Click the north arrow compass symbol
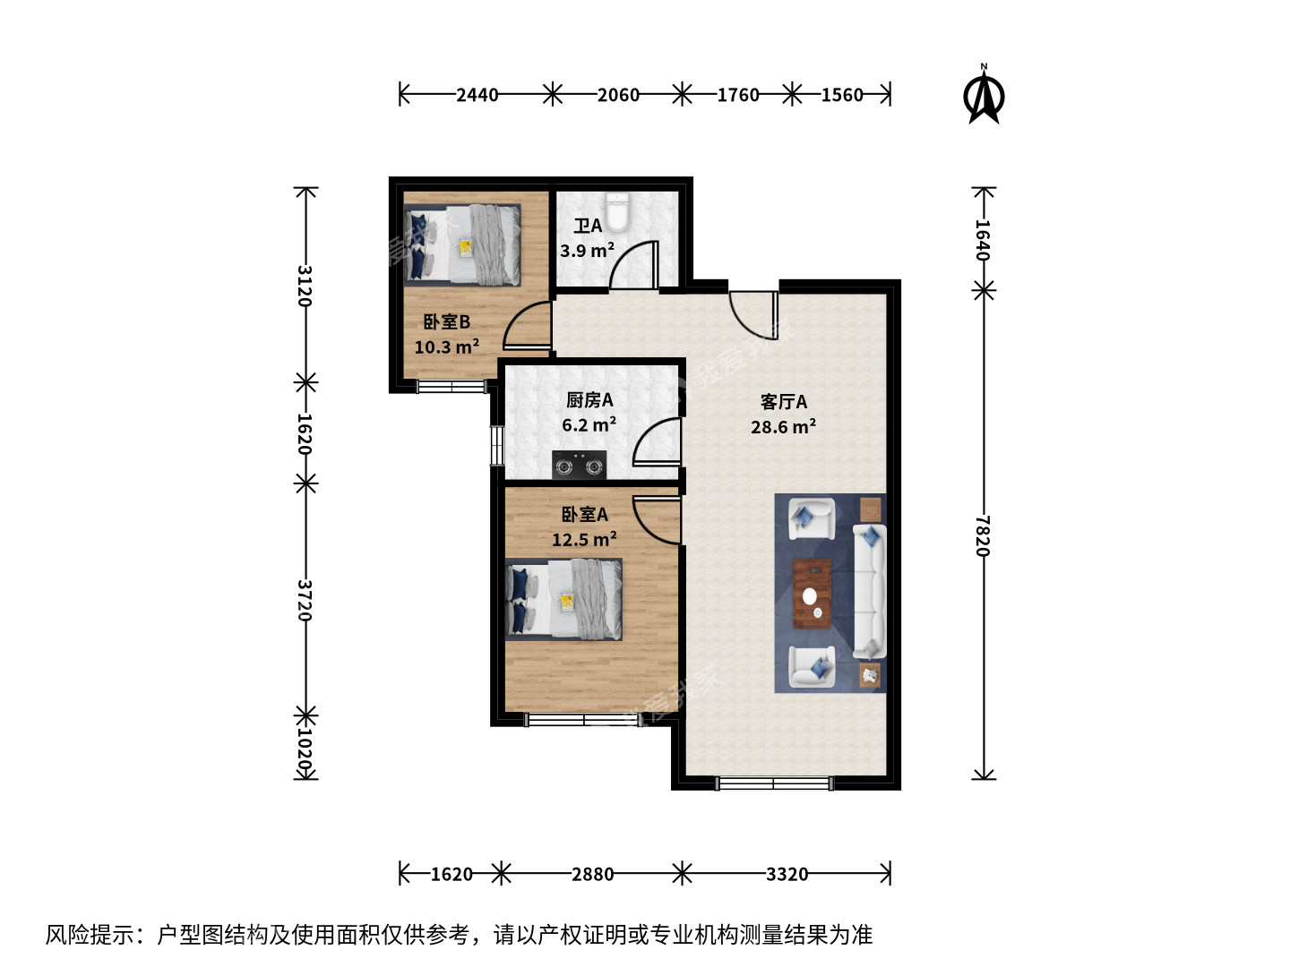point(984,95)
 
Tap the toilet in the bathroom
point(617,211)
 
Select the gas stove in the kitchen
point(579,465)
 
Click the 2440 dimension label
point(477,95)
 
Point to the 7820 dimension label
point(983,535)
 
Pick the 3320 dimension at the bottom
point(787,874)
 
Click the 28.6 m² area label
point(783,426)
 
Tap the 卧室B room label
point(447,321)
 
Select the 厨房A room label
point(589,400)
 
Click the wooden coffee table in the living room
point(813,594)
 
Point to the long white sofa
point(869,591)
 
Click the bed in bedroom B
point(462,244)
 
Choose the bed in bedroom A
point(563,600)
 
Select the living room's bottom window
point(774,783)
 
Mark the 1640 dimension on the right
point(983,240)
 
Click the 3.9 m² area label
point(587,251)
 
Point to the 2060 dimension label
point(618,95)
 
